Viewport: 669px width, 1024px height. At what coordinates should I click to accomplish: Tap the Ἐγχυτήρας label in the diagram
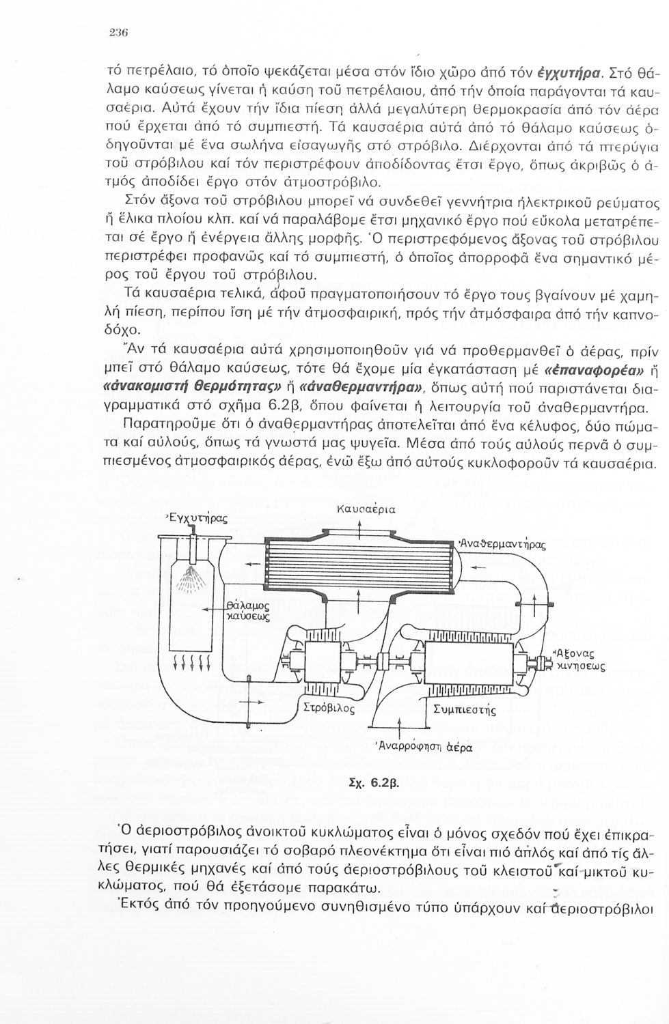(196, 518)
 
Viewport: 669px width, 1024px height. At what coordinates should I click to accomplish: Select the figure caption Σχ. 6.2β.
(370, 784)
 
